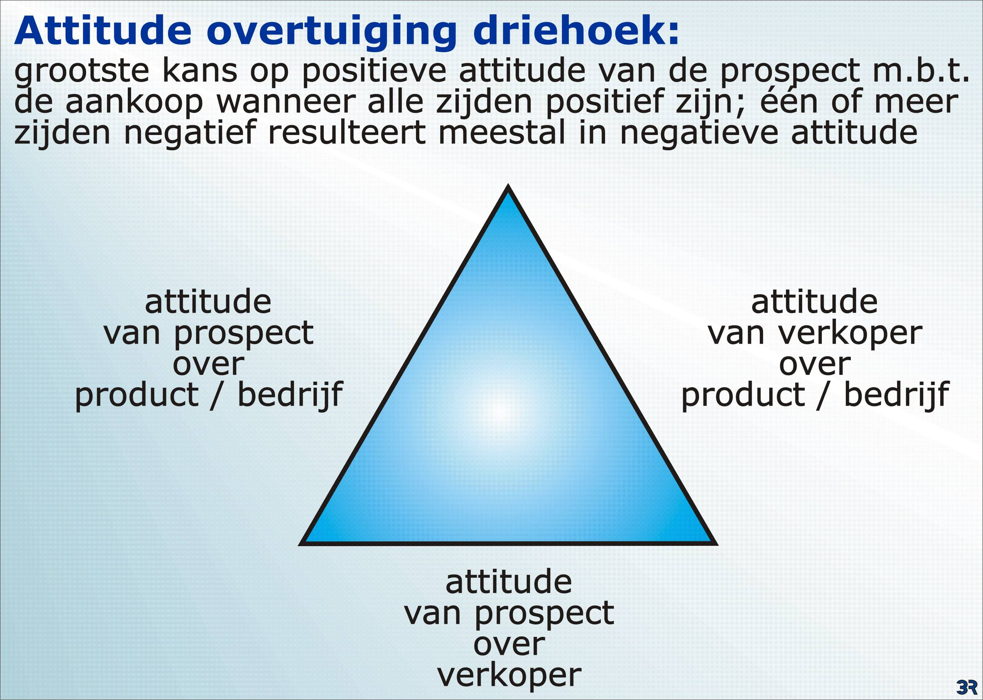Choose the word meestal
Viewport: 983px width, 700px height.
click(501, 133)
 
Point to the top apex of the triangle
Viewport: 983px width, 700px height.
click(508, 186)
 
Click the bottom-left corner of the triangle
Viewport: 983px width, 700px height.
click(300, 544)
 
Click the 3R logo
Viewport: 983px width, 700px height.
click(967, 686)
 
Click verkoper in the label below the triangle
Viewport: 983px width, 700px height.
click(510, 675)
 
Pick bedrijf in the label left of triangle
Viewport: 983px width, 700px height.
click(290, 394)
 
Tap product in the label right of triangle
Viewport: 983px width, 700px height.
click(743, 394)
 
